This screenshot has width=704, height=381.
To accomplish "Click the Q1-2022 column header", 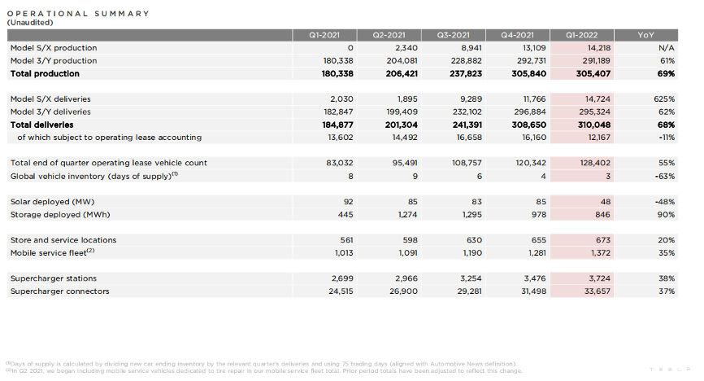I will [x=581, y=35].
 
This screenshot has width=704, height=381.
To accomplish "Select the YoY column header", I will [x=645, y=35].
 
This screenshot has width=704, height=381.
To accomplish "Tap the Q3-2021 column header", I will [x=454, y=35].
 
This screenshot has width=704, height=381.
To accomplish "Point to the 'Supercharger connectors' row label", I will [x=59, y=291].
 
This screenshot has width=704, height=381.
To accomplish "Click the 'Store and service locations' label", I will [x=63, y=240].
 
